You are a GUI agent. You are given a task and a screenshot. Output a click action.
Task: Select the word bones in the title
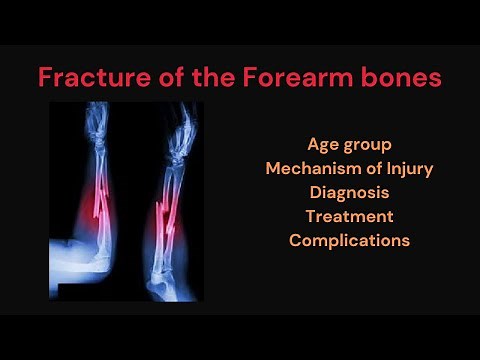(x=401, y=77)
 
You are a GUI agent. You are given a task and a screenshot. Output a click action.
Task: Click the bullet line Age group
(x=349, y=144)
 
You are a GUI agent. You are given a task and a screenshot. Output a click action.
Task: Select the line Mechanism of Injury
(x=349, y=168)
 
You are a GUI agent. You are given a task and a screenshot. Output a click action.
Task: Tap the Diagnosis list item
(x=349, y=192)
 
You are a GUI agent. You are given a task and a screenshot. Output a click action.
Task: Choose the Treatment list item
(x=349, y=216)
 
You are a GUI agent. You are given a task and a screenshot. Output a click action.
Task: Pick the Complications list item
(x=349, y=240)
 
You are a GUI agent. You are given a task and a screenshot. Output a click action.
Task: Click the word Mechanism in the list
(x=310, y=168)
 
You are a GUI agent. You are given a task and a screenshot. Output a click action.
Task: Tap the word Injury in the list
(x=410, y=168)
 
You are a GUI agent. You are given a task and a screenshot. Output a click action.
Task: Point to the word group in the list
(x=367, y=145)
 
